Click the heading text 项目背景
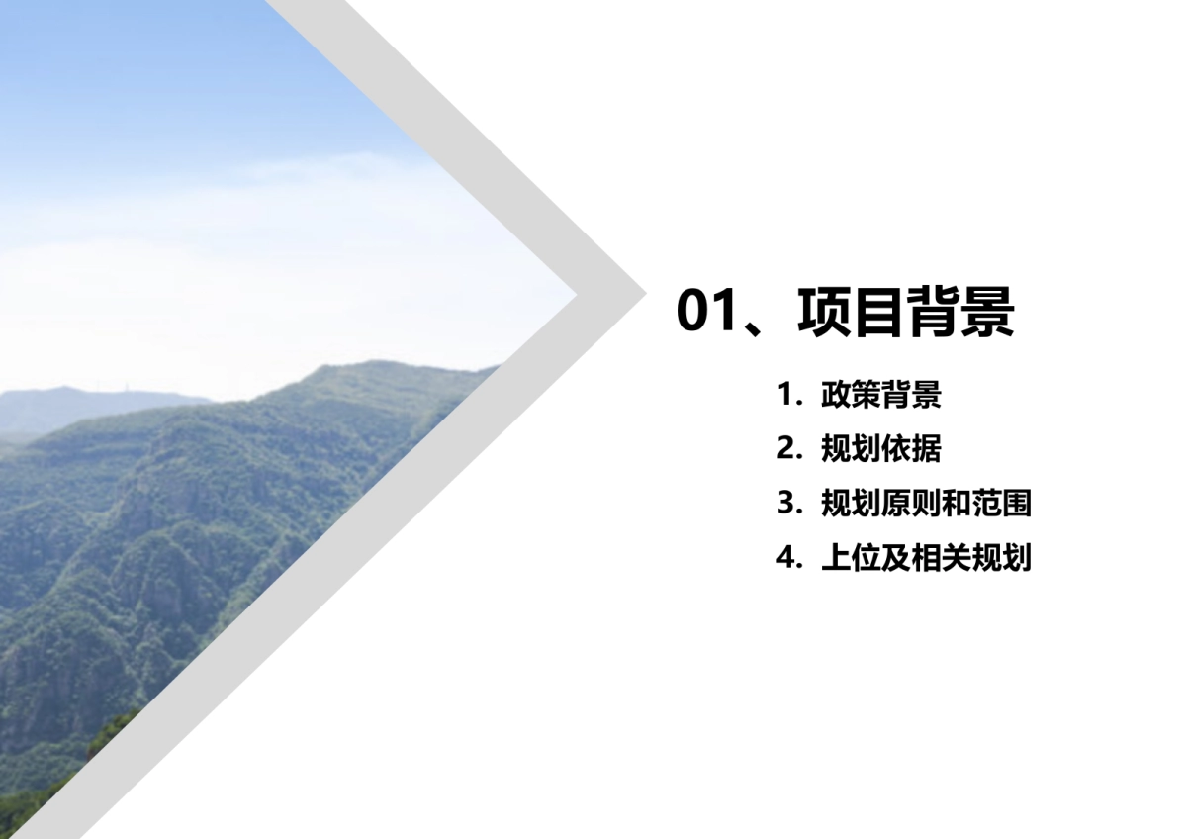(905, 311)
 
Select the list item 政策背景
(880, 395)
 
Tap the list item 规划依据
(880, 449)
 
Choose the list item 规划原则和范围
(926, 504)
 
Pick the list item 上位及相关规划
(926, 558)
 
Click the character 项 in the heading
(823, 311)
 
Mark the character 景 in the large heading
(988, 311)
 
